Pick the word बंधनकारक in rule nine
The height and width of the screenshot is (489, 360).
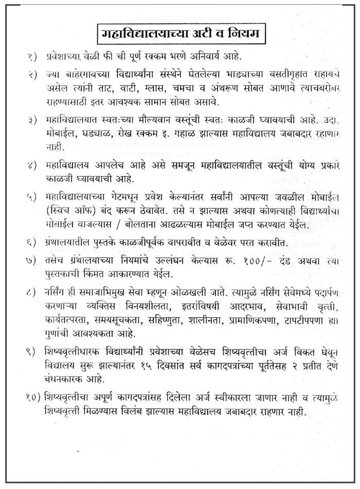tap(64, 378)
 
